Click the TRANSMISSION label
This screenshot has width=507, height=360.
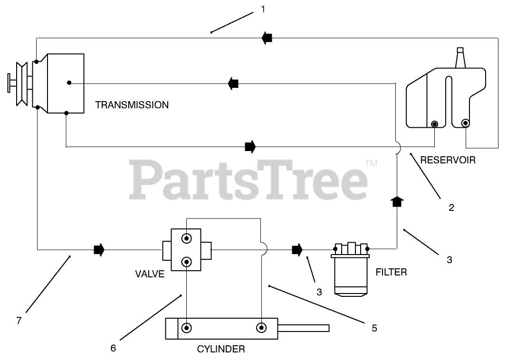pyautogui.click(x=132, y=105)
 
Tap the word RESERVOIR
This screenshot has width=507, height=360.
pyautogui.click(x=448, y=160)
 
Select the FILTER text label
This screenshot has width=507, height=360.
pyautogui.click(x=391, y=272)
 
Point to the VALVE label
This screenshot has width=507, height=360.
pyautogui.click(x=150, y=274)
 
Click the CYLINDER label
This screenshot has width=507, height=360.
pyautogui.click(x=221, y=349)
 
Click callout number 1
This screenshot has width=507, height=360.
pyautogui.click(x=263, y=9)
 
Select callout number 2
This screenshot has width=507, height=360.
pyautogui.click(x=451, y=207)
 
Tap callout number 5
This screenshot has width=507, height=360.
pyautogui.click(x=374, y=328)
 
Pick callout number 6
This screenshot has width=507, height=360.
pyautogui.click(x=113, y=348)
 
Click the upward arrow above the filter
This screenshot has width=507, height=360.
pyautogui.click(x=396, y=201)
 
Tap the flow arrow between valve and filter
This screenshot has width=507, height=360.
pyautogui.click(x=297, y=249)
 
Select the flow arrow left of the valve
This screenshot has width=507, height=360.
pyautogui.click(x=99, y=249)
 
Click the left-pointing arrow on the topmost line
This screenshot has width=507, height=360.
pyautogui.click(x=267, y=38)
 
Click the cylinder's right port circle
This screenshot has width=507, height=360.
pyautogui.click(x=261, y=328)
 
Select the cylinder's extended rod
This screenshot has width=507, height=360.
pyautogui.click(x=304, y=328)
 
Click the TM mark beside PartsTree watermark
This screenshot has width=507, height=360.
pyautogui.click(x=371, y=164)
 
